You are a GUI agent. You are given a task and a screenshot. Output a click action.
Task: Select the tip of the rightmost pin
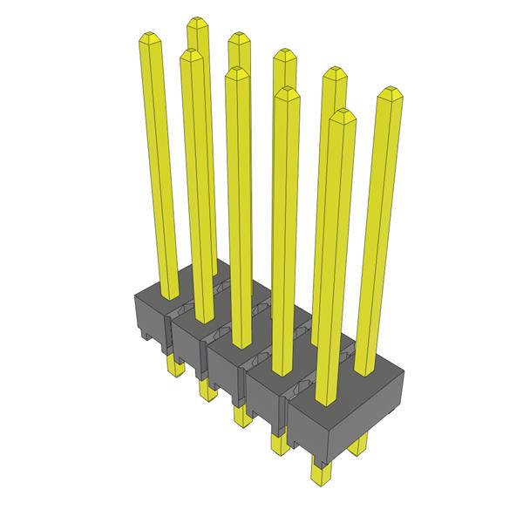[390, 93]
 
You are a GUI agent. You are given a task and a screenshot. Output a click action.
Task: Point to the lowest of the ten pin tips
[343, 115]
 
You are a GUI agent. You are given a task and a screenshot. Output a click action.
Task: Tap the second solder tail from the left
[206, 390]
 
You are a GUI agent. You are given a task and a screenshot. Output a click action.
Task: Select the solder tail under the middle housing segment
[240, 415]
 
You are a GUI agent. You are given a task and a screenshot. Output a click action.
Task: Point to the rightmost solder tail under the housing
[357, 445]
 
